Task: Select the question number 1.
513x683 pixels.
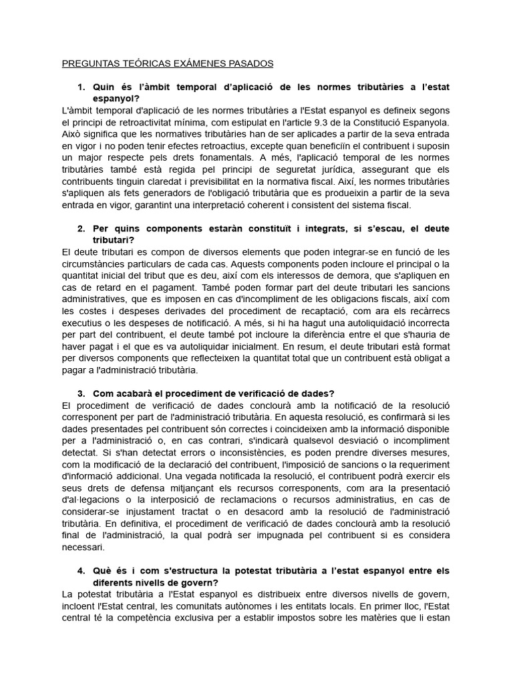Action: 81,87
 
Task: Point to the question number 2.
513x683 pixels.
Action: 81,229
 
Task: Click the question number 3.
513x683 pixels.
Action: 81,394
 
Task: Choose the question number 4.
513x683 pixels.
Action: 81,571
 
